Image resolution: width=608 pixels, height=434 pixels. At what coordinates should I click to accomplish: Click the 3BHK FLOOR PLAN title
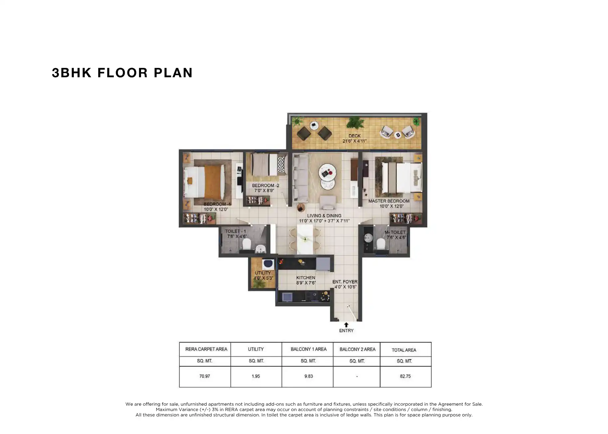click(122, 73)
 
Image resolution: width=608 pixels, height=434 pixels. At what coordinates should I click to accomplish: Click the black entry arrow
click(346, 325)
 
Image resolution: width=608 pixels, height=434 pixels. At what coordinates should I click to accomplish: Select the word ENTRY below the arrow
click(346, 331)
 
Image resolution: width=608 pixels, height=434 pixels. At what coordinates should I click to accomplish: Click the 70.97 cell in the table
click(205, 376)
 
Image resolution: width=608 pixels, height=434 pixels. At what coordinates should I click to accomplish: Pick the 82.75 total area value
click(405, 376)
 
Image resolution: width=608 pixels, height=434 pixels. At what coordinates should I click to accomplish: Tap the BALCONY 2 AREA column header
click(357, 349)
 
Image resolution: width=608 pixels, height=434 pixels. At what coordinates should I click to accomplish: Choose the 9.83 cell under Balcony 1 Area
click(308, 376)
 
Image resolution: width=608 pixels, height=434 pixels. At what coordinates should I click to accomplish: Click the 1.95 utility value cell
click(256, 376)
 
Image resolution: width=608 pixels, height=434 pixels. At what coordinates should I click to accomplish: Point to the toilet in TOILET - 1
click(246, 245)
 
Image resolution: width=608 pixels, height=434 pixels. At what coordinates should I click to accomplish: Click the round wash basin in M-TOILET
click(368, 237)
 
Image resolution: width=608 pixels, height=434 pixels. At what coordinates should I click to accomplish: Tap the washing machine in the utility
click(268, 264)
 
